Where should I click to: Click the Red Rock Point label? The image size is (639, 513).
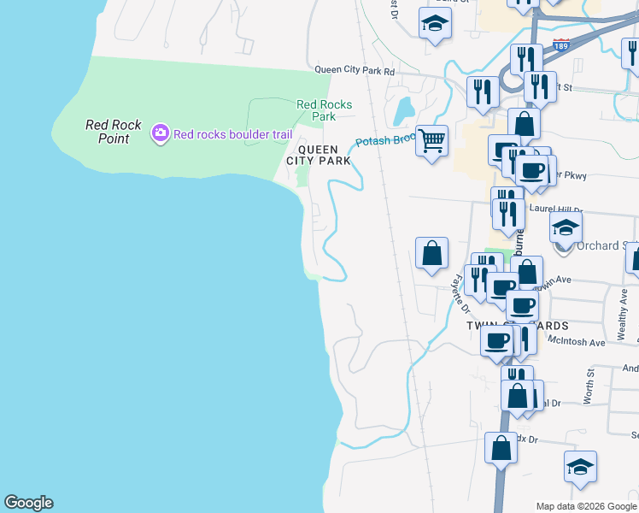click(x=114, y=131)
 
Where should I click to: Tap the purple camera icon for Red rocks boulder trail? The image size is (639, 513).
click(x=160, y=133)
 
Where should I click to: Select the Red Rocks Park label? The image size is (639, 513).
click(x=324, y=110)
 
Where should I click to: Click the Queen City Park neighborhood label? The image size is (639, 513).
click(x=318, y=154)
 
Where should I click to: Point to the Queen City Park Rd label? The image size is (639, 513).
click(x=355, y=71)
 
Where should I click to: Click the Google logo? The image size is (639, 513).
click(x=28, y=503)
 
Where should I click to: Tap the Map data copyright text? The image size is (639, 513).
click(x=587, y=506)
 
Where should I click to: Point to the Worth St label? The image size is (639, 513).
click(x=589, y=387)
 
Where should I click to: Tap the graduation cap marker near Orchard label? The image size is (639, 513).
click(x=566, y=227)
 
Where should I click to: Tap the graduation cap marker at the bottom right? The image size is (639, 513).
click(x=580, y=467)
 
